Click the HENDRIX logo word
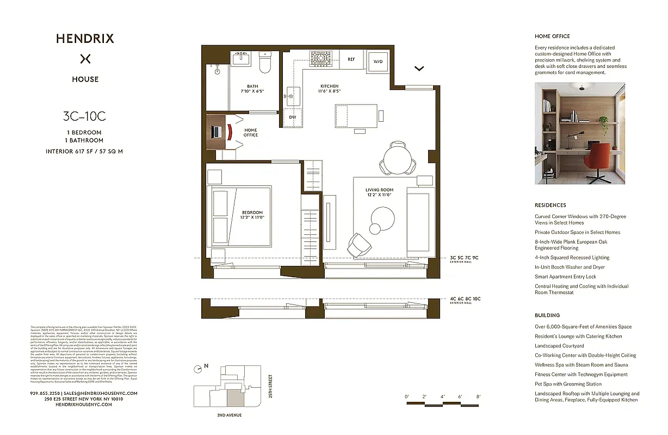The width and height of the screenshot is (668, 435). click(x=85, y=39)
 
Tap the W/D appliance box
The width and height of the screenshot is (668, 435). click(x=378, y=61)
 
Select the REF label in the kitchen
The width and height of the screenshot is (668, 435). click(x=351, y=59)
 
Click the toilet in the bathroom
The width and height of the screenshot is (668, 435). click(x=265, y=63)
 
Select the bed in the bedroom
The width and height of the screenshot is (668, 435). click(x=239, y=216)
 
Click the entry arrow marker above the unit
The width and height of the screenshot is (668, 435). click(x=419, y=69)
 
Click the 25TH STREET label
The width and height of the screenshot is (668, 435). click(x=270, y=386)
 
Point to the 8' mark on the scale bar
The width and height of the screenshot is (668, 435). click(x=479, y=397)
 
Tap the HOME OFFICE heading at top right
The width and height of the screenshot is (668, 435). click(x=552, y=36)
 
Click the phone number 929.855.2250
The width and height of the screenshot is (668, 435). click(x=45, y=393)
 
